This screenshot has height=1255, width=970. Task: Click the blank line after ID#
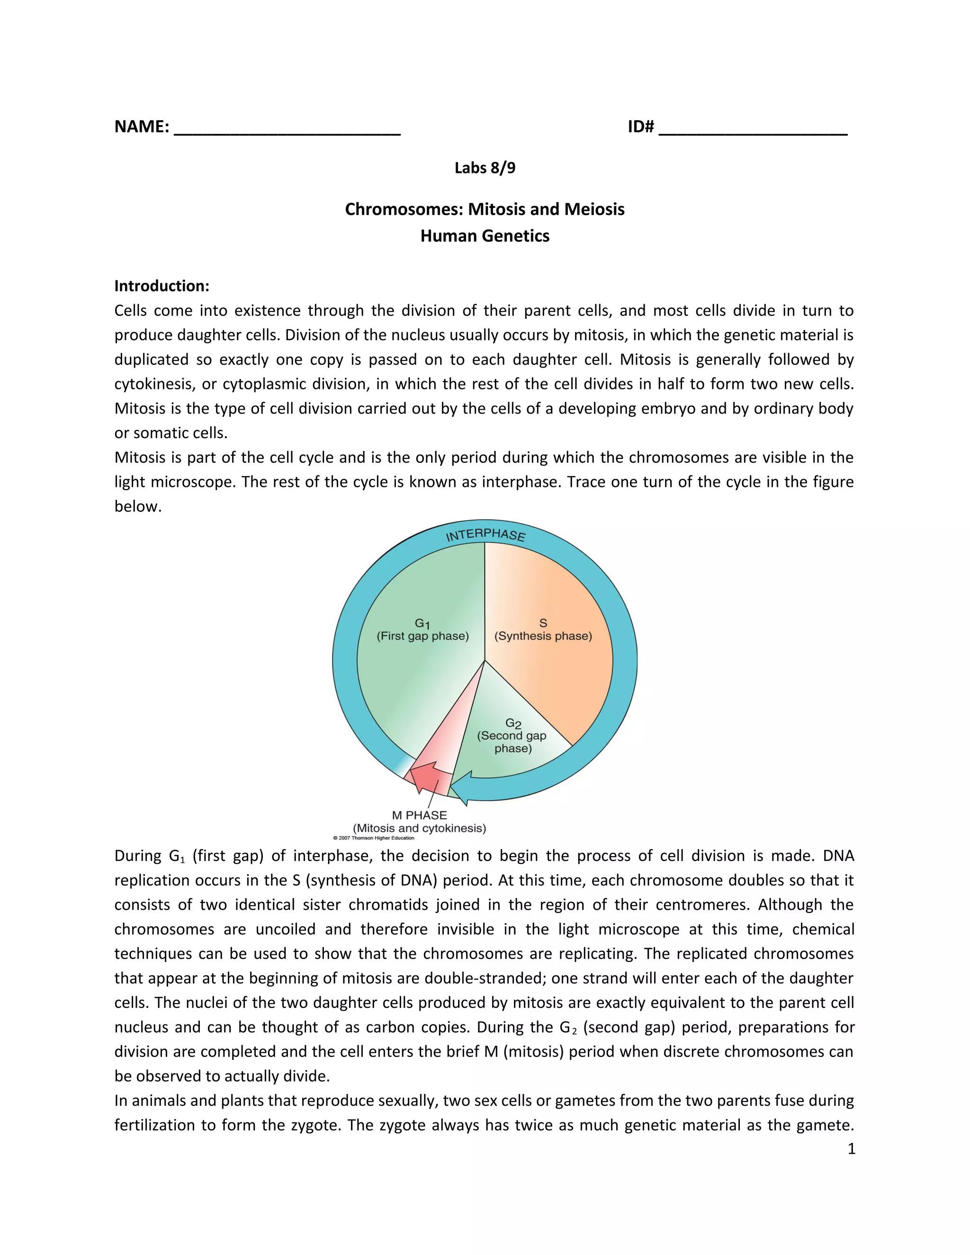pyautogui.click(x=753, y=130)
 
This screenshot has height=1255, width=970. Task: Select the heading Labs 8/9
pyautogui.click(x=485, y=168)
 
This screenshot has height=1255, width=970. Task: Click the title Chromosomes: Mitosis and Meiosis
pyautogui.click(x=485, y=209)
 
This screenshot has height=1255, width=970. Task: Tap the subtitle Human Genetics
pyautogui.click(x=485, y=236)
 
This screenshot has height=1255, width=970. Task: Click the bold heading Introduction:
pyautogui.click(x=162, y=286)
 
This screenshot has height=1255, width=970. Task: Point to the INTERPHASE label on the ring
pyautogui.click(x=485, y=535)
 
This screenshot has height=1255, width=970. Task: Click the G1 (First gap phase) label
pyautogui.click(x=422, y=630)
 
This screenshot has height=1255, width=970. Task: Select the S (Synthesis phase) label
pyautogui.click(x=543, y=630)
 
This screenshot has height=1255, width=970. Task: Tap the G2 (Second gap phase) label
pyautogui.click(x=512, y=736)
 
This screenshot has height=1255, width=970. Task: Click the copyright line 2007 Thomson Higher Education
pyautogui.click(x=374, y=838)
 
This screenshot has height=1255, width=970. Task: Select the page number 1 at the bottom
pyautogui.click(x=851, y=1149)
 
